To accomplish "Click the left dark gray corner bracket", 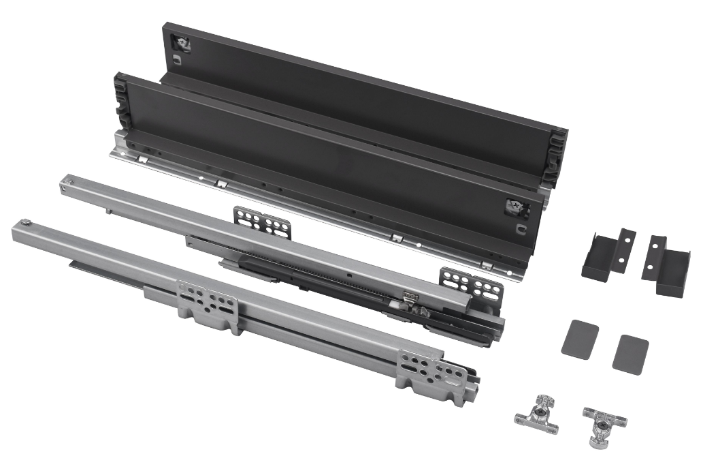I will click(x=606, y=255).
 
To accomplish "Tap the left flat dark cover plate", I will click(x=580, y=338).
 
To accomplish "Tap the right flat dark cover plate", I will click(x=630, y=353).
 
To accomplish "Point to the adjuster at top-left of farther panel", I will click(x=182, y=44).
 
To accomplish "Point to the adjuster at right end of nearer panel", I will click(x=515, y=207).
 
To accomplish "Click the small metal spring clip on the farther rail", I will click(x=410, y=296).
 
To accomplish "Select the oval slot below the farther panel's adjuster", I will click(x=176, y=60).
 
